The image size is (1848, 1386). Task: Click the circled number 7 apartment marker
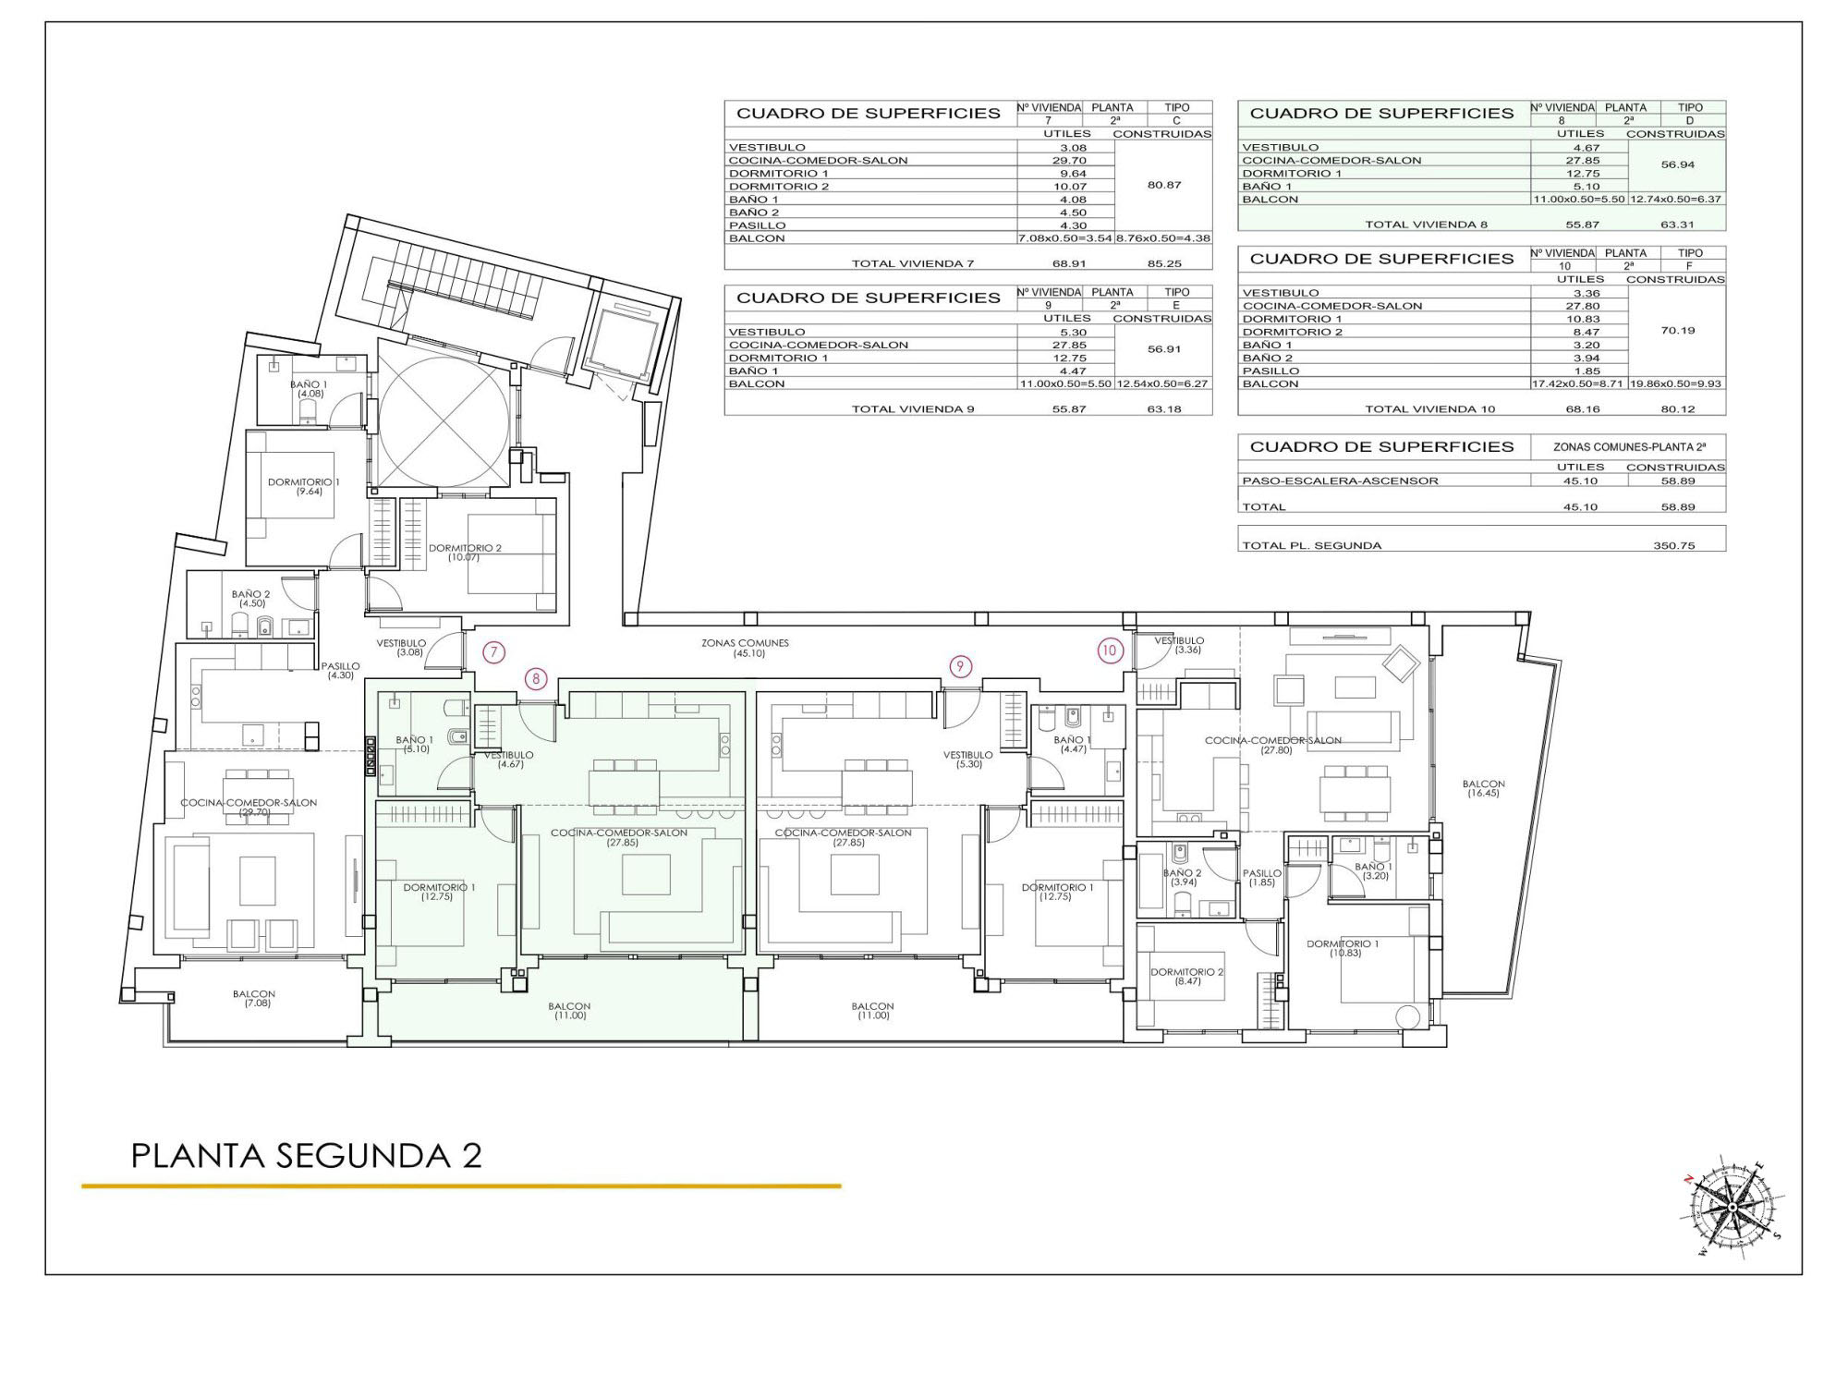click(x=494, y=653)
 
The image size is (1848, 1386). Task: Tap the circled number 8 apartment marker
click(x=536, y=679)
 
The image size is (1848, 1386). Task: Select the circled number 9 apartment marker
click(x=961, y=665)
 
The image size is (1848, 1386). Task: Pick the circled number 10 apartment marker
click(x=1109, y=650)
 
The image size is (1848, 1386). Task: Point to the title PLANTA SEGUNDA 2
click(x=307, y=1156)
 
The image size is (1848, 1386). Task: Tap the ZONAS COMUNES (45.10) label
click(x=745, y=648)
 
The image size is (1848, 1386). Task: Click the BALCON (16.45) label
click(x=1483, y=788)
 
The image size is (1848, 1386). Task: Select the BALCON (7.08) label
click(x=254, y=998)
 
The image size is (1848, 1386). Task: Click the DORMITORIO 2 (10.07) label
click(x=465, y=553)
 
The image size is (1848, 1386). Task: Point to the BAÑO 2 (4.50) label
click(x=251, y=599)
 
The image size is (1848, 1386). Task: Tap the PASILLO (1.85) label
click(x=1262, y=878)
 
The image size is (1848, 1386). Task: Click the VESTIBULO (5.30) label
click(x=967, y=760)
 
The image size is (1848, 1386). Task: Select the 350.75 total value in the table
click(x=1674, y=545)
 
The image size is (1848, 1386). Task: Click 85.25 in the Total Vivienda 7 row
click(x=1164, y=263)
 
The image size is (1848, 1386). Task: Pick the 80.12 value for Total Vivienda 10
click(x=1677, y=408)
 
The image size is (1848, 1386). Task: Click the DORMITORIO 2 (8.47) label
click(x=1187, y=977)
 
